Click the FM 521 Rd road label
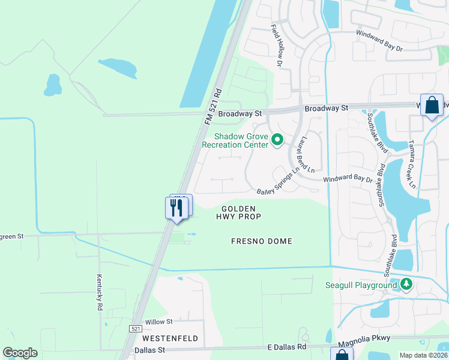tap(213, 107)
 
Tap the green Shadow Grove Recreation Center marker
tap(277, 140)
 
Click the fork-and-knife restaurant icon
tap(176, 208)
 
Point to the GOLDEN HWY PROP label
tap(238, 212)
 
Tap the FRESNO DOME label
tap(262, 241)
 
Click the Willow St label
tap(158, 322)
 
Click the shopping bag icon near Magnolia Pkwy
tap(341, 355)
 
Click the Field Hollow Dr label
tap(277, 45)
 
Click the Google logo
tap(20, 353)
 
